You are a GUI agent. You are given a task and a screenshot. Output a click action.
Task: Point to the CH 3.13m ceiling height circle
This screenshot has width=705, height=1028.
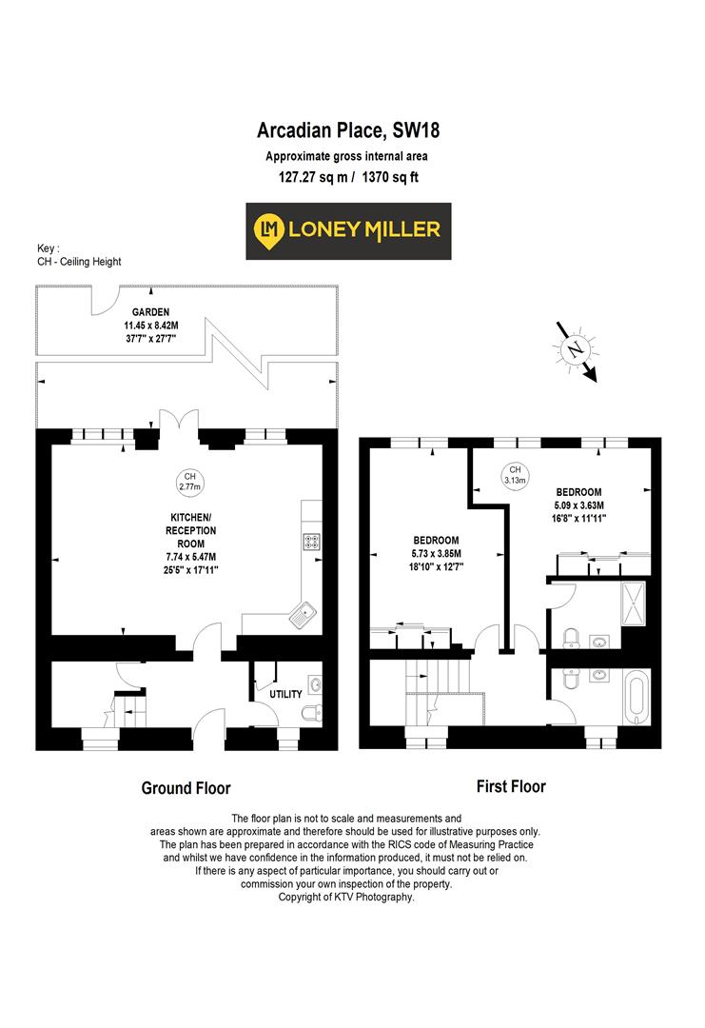(x=515, y=476)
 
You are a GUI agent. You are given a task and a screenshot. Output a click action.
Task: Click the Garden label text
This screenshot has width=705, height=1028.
(x=150, y=311)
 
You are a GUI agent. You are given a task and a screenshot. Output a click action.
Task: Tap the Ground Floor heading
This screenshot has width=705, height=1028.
(x=186, y=788)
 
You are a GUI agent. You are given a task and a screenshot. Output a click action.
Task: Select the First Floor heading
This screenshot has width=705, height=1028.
(x=511, y=786)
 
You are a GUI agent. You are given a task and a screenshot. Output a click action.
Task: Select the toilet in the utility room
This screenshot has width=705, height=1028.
(x=305, y=715)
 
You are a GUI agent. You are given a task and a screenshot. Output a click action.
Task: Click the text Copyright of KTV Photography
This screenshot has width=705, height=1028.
(x=346, y=897)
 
